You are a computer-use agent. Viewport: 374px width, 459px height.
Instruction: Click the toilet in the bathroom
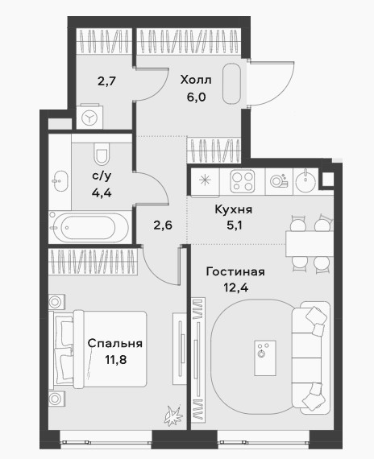click(101, 153)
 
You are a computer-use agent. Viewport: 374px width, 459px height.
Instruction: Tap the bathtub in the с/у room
click(89, 227)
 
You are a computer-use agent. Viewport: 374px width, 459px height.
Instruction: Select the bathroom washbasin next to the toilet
click(60, 181)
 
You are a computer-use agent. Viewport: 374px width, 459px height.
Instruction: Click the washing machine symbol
click(89, 118)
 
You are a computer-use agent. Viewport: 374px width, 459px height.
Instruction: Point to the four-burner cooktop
click(243, 181)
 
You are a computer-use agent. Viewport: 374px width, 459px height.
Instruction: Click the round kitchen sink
click(305, 180)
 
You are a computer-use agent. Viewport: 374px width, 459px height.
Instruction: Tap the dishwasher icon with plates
click(279, 181)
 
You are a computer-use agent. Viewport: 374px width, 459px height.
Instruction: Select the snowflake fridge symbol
click(205, 180)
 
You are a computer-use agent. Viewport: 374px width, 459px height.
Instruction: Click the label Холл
click(196, 80)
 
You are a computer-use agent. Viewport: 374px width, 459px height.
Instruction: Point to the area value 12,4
click(235, 288)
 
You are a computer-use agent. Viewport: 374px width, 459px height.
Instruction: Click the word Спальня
click(115, 343)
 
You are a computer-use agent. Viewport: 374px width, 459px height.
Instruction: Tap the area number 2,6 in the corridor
click(163, 225)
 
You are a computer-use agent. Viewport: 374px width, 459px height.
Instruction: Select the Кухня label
click(233, 209)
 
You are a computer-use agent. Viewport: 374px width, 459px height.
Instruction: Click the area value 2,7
click(106, 81)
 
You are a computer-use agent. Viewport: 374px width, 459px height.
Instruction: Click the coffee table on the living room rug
click(265, 358)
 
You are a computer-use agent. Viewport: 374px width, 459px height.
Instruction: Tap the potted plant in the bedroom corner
click(172, 416)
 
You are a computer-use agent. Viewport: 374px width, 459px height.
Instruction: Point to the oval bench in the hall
click(231, 84)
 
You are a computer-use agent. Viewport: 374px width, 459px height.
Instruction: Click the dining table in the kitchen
click(310, 243)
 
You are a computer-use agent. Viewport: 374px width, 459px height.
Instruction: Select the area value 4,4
click(102, 193)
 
